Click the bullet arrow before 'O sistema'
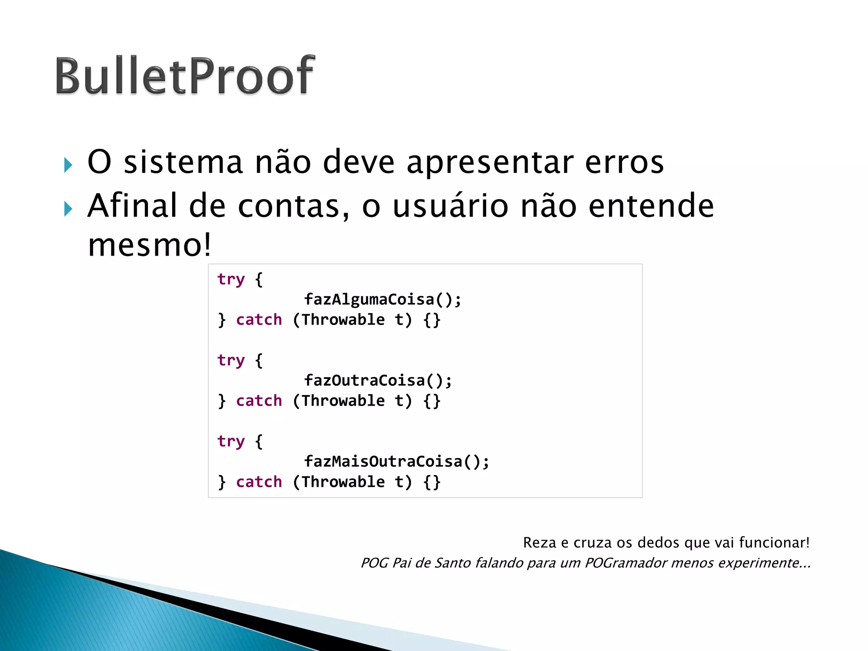(x=68, y=165)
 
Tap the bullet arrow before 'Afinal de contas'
(x=68, y=209)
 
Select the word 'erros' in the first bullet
(x=624, y=163)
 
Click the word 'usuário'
(x=450, y=206)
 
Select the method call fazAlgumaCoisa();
(x=382, y=300)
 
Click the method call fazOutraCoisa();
(x=378, y=381)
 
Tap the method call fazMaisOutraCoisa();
(x=396, y=462)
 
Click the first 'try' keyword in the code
(x=231, y=280)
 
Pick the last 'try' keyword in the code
(x=231, y=442)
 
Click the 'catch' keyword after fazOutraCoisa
(x=259, y=401)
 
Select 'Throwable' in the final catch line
(x=343, y=482)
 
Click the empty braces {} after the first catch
(x=432, y=320)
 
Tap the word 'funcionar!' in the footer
(x=774, y=542)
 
